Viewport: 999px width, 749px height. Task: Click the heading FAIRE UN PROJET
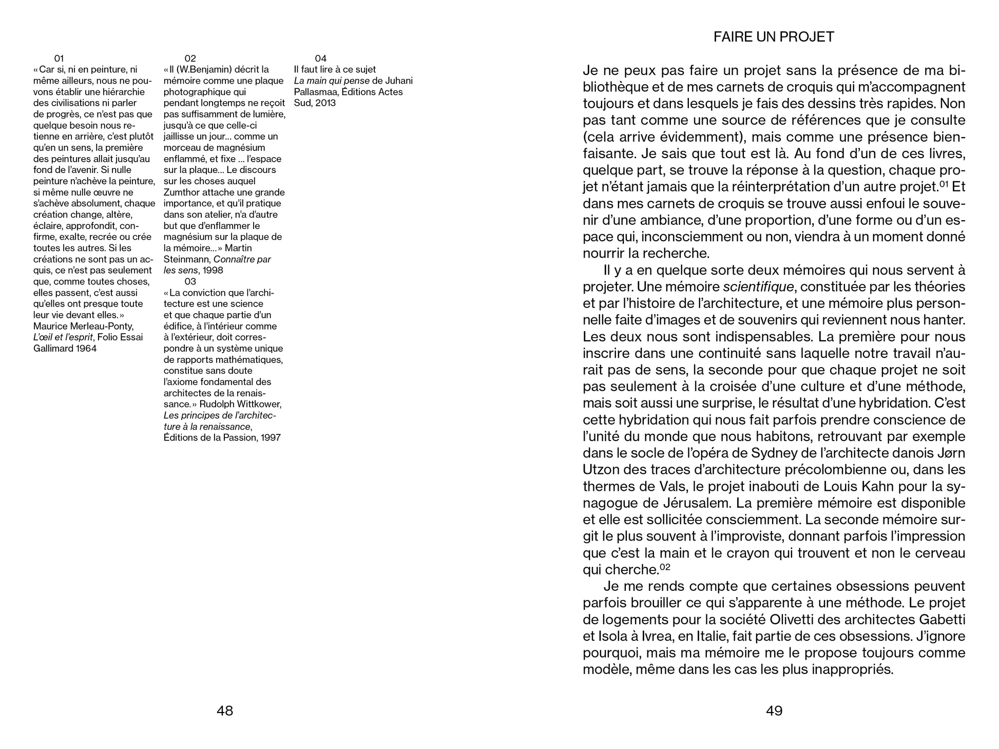pyautogui.click(x=774, y=37)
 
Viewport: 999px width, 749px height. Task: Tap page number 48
pyautogui.click(x=225, y=710)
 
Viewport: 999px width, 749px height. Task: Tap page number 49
pyautogui.click(x=774, y=710)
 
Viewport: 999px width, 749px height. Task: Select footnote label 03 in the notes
pyautogui.click(x=190, y=281)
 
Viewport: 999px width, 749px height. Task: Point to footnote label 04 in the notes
pyautogui.click(x=321, y=59)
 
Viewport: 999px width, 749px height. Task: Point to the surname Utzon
pyautogui.click(x=600, y=470)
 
